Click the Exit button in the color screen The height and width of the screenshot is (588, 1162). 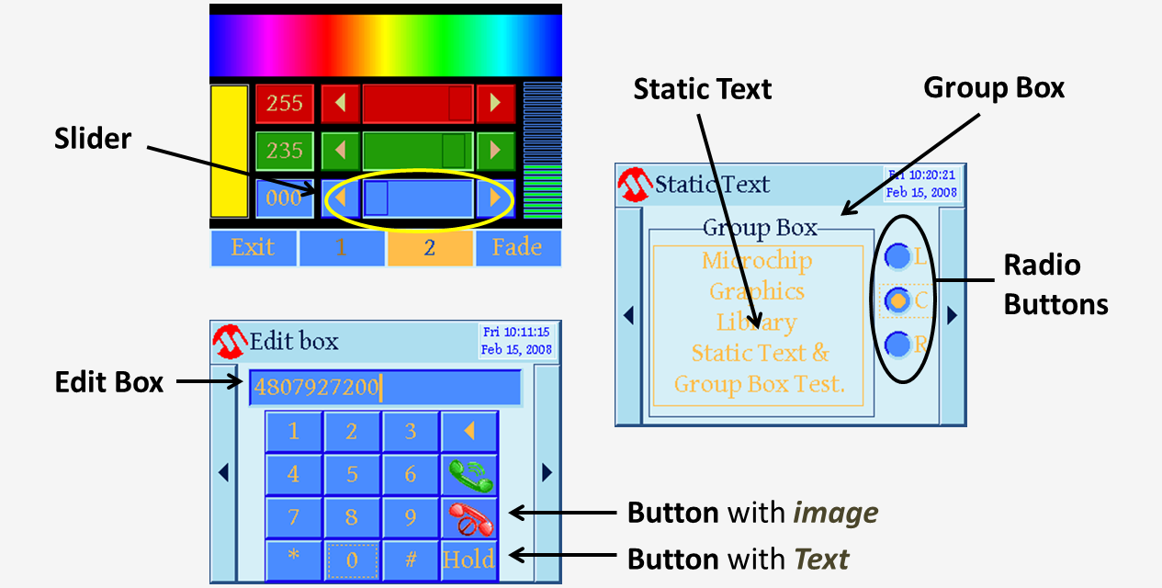254,247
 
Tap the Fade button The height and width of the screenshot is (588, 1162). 517,247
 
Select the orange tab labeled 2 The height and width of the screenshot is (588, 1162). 429,248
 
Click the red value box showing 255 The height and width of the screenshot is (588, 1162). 284,103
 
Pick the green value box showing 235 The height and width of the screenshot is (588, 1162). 284,150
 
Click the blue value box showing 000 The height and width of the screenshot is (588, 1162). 284,198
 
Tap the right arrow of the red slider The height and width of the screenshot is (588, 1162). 496,103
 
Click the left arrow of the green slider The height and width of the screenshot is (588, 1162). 340,150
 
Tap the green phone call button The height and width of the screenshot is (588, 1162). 469,475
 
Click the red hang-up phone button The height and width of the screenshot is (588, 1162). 469,517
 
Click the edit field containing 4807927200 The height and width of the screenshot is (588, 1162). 384,387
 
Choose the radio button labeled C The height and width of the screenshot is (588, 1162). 898,300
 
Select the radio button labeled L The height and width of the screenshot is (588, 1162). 897,257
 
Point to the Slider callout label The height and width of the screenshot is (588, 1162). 93,139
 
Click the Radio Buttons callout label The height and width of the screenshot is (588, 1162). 1055,285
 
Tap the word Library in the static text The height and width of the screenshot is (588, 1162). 756,322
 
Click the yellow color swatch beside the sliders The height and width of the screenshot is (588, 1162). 229,151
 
